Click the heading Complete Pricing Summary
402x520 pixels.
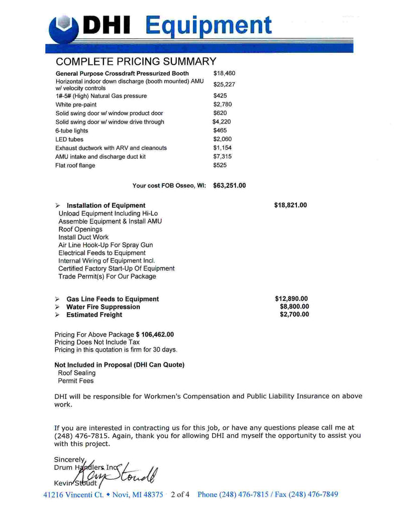(136, 62)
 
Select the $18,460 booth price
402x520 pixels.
(224, 73)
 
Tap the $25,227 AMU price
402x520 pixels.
(224, 84)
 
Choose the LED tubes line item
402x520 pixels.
(69, 140)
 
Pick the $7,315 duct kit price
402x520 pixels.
(223, 157)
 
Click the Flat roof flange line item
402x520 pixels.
(75, 166)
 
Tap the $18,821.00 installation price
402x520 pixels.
(290, 205)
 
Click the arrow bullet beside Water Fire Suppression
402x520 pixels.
(58, 307)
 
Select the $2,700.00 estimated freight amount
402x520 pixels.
(294, 315)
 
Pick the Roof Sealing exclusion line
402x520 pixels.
(77, 373)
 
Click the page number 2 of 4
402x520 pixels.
(180, 494)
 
